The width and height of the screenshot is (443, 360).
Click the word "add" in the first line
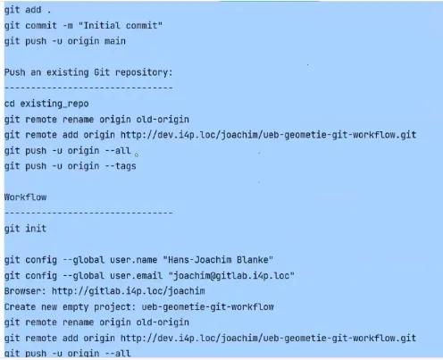tap(33, 10)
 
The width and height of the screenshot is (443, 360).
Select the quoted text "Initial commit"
tap(121, 25)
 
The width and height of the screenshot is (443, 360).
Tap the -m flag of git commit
tap(68, 26)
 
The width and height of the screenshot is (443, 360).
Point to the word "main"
tap(115, 41)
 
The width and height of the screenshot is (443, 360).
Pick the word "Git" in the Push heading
tap(102, 72)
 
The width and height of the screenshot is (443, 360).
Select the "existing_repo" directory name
tap(54, 104)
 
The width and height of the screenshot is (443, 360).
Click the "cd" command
tap(10, 104)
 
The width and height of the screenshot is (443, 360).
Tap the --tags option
tap(121, 166)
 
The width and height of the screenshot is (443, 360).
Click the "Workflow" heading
tap(25, 197)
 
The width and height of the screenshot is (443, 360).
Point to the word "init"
tap(36, 229)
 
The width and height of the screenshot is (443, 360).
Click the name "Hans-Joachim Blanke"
tap(218, 260)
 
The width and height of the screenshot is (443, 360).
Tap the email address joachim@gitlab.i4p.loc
tap(231, 275)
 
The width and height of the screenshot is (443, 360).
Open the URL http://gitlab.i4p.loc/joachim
tap(129, 291)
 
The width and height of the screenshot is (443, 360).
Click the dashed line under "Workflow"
tap(88, 213)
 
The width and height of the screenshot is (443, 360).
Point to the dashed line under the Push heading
tap(88, 88)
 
